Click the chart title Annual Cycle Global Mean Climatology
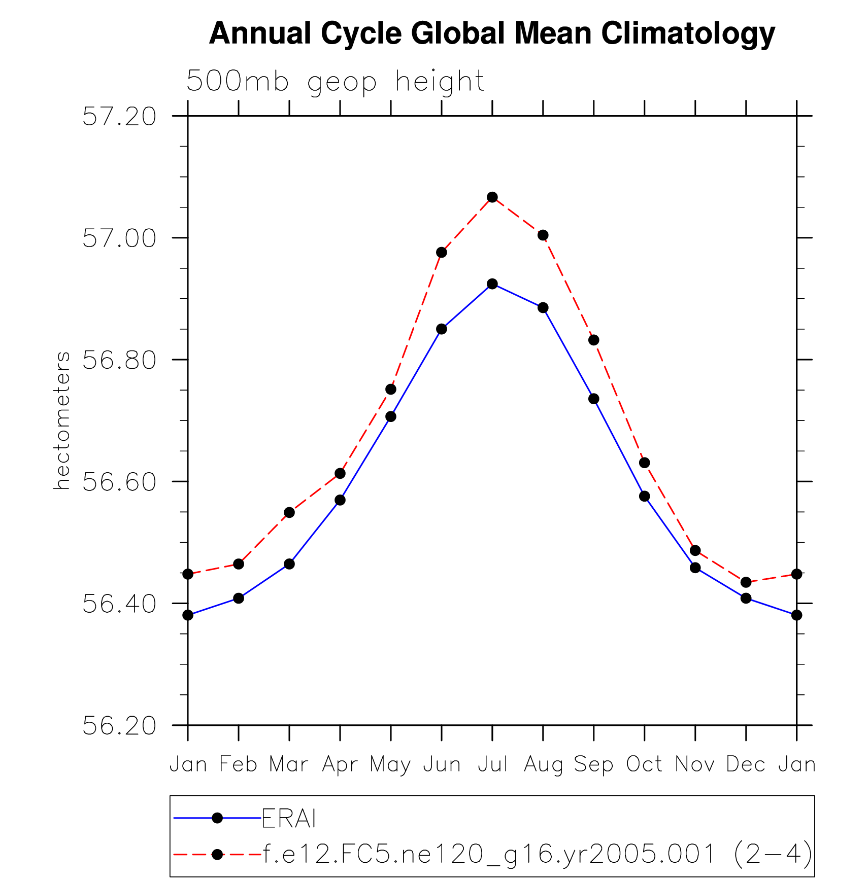[x=491, y=33]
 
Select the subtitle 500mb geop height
[x=335, y=81]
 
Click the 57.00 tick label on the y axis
[x=120, y=238]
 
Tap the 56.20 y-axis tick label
[x=120, y=726]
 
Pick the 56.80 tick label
[x=120, y=360]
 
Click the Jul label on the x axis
[x=492, y=764]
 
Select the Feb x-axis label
[x=239, y=764]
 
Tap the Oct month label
[x=644, y=764]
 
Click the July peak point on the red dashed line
[x=492, y=197]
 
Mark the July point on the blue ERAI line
[x=492, y=284]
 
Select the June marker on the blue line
[x=442, y=329]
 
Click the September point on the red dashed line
[x=594, y=340]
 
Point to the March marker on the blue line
[x=289, y=564]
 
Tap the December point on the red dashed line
[x=746, y=582]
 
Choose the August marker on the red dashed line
[x=543, y=235]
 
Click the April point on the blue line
[x=340, y=500]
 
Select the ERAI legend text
[x=289, y=818]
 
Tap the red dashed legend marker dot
[x=217, y=855]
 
